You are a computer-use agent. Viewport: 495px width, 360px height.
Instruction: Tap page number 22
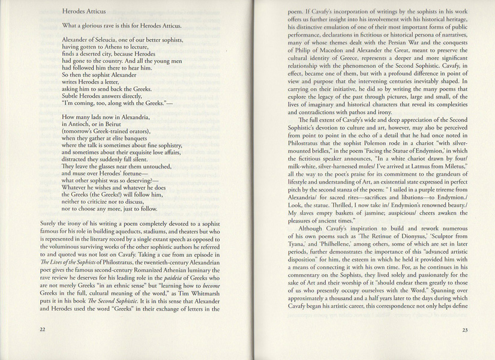[x=42, y=329]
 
